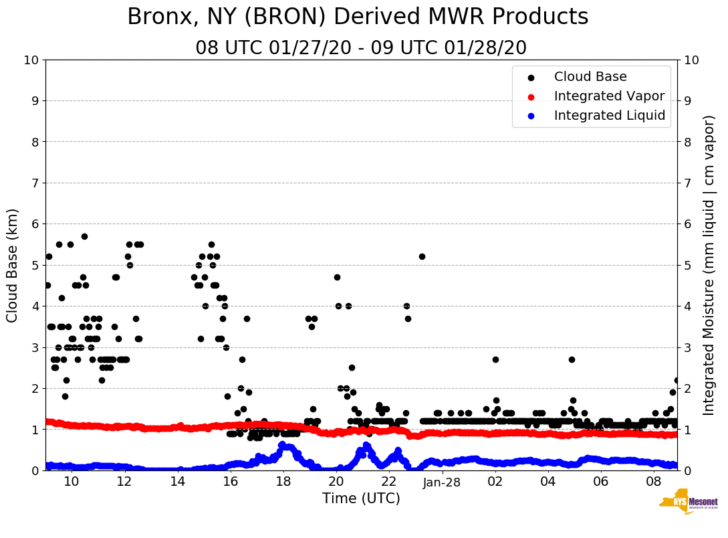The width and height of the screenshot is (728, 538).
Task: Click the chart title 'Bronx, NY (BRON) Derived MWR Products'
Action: coord(358,17)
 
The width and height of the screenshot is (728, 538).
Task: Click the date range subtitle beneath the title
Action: coord(361,48)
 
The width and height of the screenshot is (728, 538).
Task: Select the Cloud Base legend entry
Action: coord(590,77)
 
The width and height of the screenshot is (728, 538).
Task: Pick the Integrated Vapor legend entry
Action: coord(609,96)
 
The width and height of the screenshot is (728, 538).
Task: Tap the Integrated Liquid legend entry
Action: coord(609,116)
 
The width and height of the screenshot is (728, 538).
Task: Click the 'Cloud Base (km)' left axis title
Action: coord(13,265)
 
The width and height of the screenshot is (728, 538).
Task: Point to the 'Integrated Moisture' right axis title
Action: coord(709,265)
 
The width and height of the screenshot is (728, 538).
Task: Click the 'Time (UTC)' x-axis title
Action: coord(361,499)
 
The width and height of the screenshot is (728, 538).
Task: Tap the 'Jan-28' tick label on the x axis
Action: coord(442,482)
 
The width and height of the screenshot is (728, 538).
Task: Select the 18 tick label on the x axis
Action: coord(283,482)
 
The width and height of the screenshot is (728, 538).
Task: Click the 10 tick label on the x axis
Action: coord(71,482)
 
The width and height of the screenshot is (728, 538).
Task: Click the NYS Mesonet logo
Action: coord(688,504)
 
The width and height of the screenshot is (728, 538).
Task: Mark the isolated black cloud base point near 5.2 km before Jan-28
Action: coord(422,256)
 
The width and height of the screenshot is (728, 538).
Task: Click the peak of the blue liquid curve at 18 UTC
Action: coord(282,445)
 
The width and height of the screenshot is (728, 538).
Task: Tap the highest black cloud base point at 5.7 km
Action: coord(84,236)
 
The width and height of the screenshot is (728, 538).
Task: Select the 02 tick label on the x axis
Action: coord(495,482)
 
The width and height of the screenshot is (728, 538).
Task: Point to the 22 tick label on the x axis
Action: coord(389,482)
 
